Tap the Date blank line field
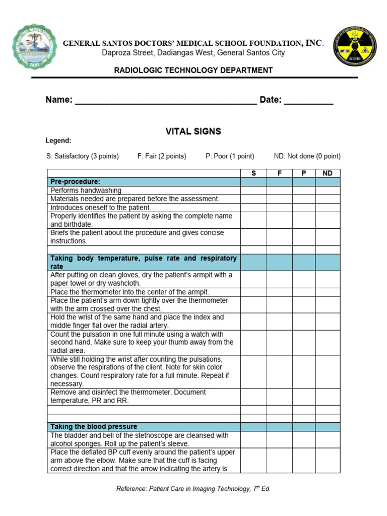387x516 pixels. [308, 100]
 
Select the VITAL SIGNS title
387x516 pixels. [193, 132]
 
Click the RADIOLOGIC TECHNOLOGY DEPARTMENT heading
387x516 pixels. [193, 71]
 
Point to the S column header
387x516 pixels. [253, 173]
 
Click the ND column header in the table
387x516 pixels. [328, 173]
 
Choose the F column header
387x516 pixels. [280, 173]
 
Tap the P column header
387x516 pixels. [304, 173]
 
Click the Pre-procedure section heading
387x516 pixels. [75, 181]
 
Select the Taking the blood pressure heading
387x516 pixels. [94, 427]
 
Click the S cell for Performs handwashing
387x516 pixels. [253, 190]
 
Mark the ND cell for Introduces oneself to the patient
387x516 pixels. [328, 208]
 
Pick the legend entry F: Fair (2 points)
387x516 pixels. [162, 156]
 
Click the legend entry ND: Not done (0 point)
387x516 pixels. [307, 156]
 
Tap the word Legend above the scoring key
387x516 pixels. [58, 141]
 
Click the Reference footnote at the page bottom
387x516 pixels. [193, 489]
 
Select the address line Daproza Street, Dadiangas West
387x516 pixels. [193, 53]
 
